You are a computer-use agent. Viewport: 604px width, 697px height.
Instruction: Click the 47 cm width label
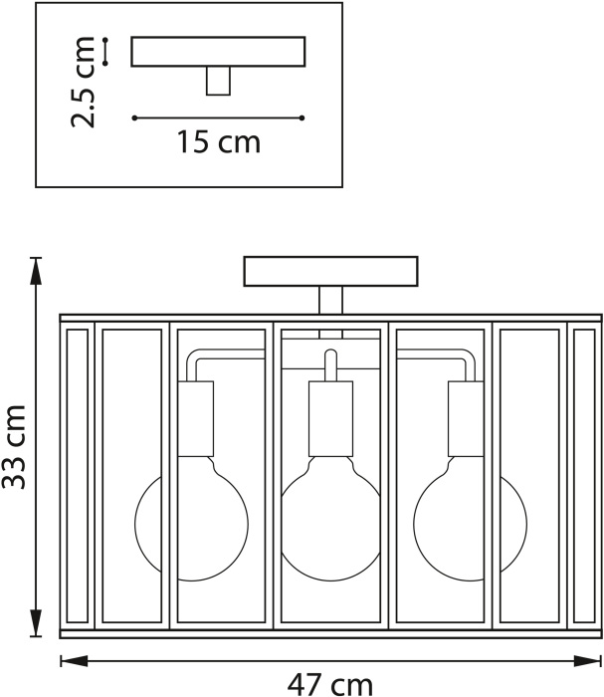[x=330, y=685]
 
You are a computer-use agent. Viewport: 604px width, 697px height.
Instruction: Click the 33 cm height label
[x=14, y=447]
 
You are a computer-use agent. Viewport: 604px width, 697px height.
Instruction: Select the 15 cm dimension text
[x=219, y=141]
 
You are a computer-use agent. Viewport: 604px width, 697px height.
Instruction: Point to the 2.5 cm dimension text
[x=83, y=83]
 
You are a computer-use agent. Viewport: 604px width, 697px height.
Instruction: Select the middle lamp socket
[x=331, y=419]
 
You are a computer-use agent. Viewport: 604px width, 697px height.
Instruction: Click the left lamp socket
[x=195, y=419]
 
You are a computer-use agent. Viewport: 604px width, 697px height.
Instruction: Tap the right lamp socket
[x=466, y=419]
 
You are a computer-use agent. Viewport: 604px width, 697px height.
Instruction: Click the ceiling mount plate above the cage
[x=331, y=271]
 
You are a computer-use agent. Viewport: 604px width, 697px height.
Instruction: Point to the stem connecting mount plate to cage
[x=331, y=300]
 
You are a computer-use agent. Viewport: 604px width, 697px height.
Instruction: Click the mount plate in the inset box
[x=218, y=52]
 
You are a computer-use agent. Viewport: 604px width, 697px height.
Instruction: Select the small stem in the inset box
[x=218, y=81]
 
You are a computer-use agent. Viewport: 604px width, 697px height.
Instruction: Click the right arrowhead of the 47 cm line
[x=587, y=661]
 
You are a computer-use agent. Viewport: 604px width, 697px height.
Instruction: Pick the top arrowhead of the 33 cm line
[x=36, y=271]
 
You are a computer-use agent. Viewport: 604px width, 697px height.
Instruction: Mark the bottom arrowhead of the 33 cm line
[x=36, y=623]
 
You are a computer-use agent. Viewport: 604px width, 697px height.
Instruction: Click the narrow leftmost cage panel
[x=78, y=476]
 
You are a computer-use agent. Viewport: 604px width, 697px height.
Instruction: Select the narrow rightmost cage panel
[x=584, y=476]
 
